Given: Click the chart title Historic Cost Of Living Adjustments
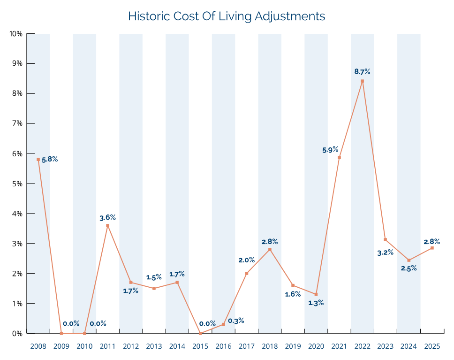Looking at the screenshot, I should [227, 16].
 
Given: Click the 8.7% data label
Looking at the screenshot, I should [362, 72].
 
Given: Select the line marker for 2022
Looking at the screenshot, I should [362, 81].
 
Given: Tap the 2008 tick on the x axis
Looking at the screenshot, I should [38, 346].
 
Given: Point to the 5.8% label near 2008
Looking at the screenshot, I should [50, 160].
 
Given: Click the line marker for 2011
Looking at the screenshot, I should [107, 226].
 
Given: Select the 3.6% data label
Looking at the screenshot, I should [107, 218].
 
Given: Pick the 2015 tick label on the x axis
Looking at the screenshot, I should [200, 346].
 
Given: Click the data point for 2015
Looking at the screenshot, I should [200, 333].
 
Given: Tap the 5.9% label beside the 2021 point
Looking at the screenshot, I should [330, 150].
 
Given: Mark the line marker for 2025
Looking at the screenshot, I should [432, 248].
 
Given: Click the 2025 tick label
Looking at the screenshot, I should [432, 346].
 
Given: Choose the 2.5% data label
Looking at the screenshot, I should [409, 268].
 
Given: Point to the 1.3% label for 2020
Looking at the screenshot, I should [316, 303].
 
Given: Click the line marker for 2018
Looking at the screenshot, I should [270, 249].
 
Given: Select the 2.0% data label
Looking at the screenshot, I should [246, 260].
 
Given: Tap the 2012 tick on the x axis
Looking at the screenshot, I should [131, 346].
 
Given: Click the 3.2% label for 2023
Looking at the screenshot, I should [385, 253].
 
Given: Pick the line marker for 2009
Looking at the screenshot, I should [61, 333].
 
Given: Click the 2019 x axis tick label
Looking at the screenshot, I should [293, 346].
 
